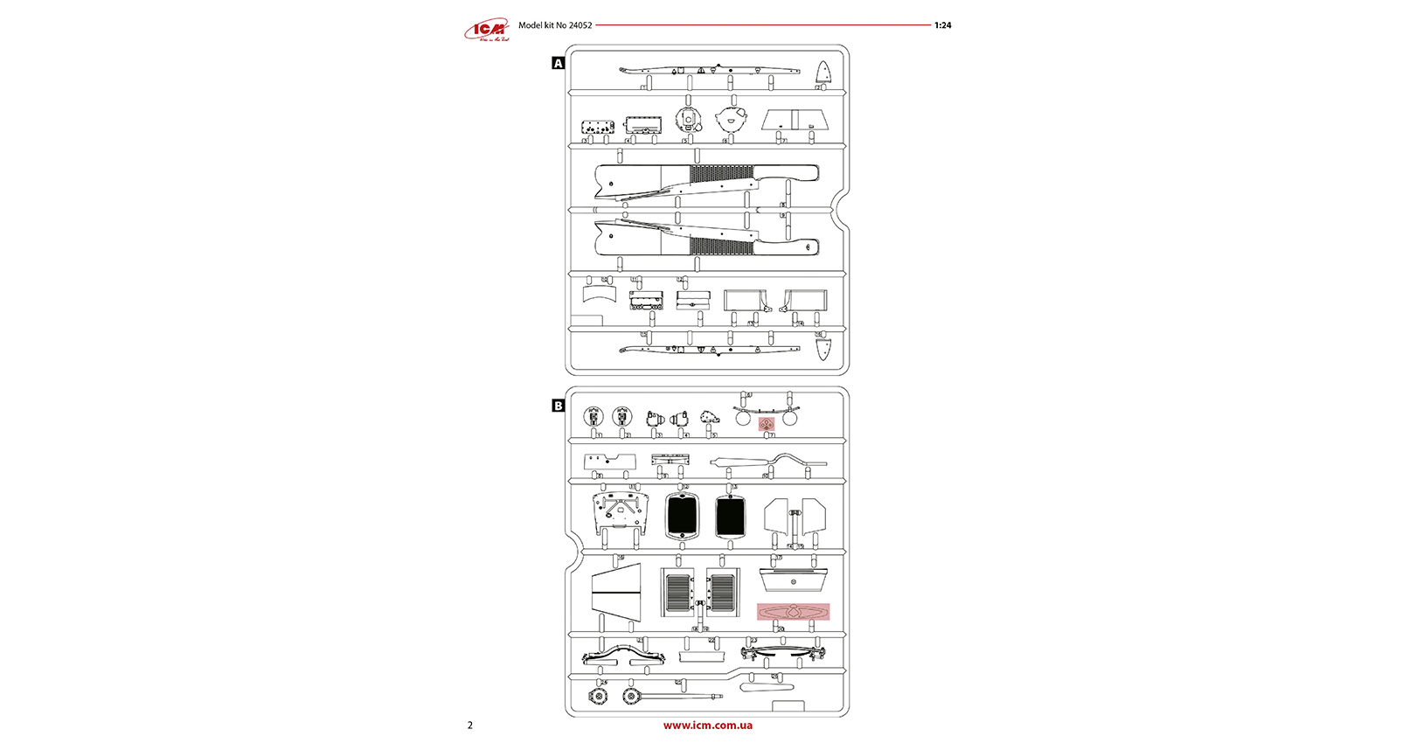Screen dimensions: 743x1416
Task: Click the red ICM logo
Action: coord(487,31)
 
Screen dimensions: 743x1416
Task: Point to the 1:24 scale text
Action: coord(942,25)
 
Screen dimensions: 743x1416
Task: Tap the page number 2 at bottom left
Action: coord(470,725)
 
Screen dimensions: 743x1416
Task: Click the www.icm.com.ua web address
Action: coord(707,725)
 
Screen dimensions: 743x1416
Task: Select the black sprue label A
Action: coord(559,64)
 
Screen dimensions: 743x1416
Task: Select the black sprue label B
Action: coord(559,406)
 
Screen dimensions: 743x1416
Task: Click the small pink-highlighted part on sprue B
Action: coord(767,424)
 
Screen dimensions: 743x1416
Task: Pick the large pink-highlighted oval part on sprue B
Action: coord(793,612)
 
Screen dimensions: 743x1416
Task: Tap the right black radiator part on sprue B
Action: coord(730,516)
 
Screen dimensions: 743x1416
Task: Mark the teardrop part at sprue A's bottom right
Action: coord(823,349)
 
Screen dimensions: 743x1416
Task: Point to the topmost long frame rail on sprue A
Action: coord(709,69)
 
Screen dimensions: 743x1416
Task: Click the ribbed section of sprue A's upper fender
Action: coord(721,174)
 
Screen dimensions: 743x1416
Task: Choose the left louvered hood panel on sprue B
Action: coord(677,593)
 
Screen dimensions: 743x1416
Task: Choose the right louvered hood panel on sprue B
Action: coord(723,593)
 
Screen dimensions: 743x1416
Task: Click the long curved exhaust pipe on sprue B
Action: coord(769,462)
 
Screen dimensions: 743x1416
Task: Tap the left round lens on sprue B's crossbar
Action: coord(743,419)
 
